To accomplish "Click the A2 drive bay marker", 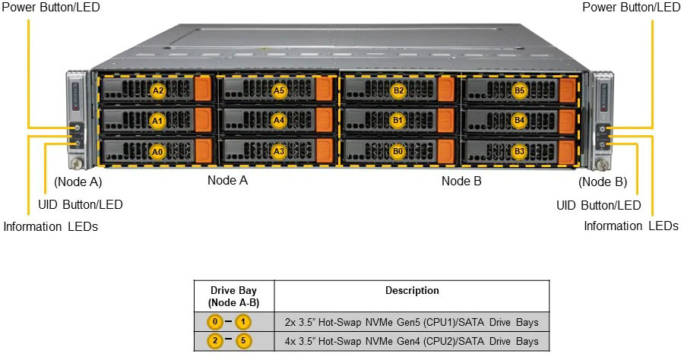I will (x=157, y=90).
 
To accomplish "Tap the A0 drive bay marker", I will (x=157, y=151).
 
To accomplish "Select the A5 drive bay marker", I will (x=279, y=90).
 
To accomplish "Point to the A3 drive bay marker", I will (x=279, y=151).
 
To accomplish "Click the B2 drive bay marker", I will (x=399, y=90).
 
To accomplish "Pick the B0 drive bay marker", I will (x=399, y=151).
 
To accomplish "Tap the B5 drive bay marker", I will (x=520, y=90).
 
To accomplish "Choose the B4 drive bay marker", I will (x=520, y=120).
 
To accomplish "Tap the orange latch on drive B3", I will (x=567, y=150).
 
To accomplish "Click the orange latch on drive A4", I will (x=325, y=119).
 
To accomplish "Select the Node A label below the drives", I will (x=227, y=181).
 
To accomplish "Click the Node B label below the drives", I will (x=461, y=181).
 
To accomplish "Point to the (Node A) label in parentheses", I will (x=78, y=182).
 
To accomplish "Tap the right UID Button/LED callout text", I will (x=598, y=204).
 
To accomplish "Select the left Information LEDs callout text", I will (x=51, y=226).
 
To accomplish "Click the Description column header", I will (x=411, y=290).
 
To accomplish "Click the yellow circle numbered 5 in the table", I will (x=243, y=340).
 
